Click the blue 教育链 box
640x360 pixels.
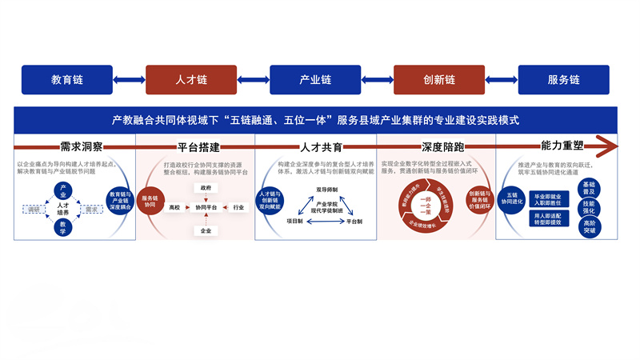tap(67, 80)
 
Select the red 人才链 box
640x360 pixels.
tap(191, 80)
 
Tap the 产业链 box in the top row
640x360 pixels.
tap(315, 80)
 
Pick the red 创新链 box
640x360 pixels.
tap(439, 80)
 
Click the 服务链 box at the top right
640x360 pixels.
tap(564, 80)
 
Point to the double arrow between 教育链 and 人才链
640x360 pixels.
tap(130, 80)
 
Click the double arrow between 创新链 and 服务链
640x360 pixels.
tap(502, 80)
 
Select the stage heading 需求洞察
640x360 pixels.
tap(82, 147)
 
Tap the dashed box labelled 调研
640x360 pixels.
tap(34, 210)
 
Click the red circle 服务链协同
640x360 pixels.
tap(150, 202)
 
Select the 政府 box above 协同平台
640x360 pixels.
tap(206, 187)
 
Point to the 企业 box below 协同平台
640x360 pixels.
tap(206, 230)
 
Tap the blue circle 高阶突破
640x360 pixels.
tap(590, 227)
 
